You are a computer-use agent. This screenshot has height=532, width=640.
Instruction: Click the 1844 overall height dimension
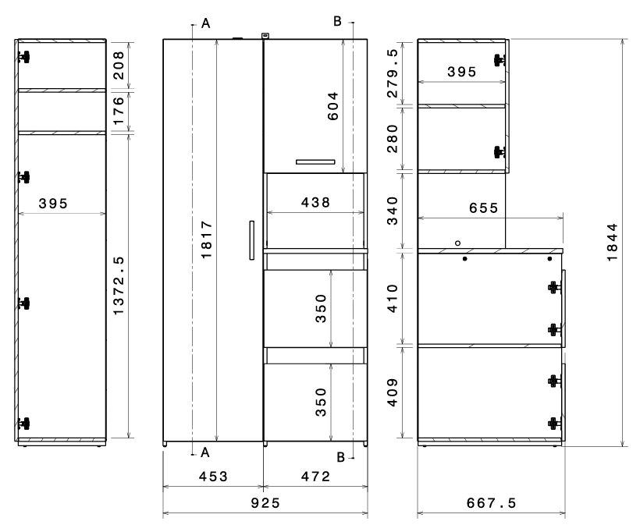(x=612, y=243)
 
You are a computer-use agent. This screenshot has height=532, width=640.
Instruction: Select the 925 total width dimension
(x=265, y=503)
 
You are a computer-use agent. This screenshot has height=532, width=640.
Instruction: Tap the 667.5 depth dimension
(x=492, y=503)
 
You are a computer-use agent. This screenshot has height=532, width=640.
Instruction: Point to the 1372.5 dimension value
(x=118, y=286)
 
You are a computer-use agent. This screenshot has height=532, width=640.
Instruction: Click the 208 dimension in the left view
(x=119, y=66)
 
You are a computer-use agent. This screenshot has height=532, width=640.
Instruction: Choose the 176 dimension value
(x=119, y=111)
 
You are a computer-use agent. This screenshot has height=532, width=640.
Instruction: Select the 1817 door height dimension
(x=207, y=239)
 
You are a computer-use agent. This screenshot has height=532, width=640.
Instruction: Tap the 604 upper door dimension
(x=333, y=106)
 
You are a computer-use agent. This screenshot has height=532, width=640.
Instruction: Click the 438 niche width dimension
(x=315, y=202)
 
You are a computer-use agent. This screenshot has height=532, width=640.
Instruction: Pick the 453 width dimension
(x=213, y=477)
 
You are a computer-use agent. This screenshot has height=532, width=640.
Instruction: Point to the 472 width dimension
(x=315, y=477)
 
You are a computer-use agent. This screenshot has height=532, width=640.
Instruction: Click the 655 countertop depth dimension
(x=484, y=208)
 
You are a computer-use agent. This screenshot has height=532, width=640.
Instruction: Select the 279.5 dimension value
(x=393, y=73)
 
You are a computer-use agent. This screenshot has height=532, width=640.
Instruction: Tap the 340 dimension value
(x=393, y=211)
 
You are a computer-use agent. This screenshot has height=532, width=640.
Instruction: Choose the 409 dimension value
(x=393, y=392)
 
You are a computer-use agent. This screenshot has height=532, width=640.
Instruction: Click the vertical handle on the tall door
(x=252, y=240)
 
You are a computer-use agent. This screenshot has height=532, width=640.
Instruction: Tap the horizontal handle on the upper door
(x=315, y=162)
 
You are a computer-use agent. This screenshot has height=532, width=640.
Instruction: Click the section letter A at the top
(x=206, y=23)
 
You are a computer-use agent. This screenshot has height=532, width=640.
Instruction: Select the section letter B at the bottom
(x=341, y=457)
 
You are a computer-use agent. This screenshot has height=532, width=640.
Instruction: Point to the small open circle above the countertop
(x=457, y=243)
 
